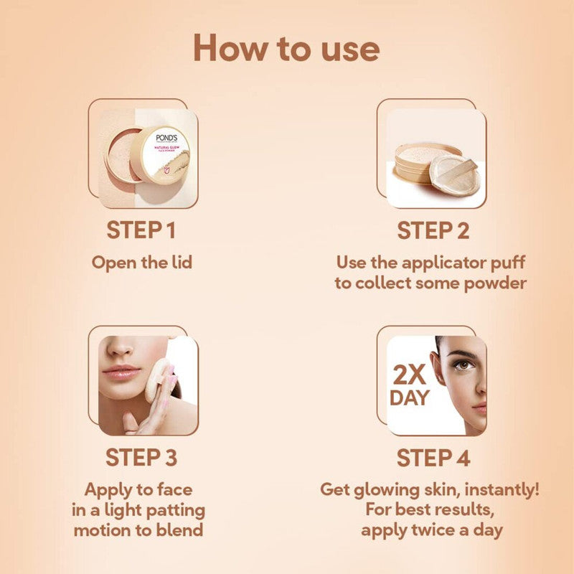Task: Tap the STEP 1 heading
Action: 141,231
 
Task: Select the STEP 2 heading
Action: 433,231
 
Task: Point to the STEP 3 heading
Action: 141,457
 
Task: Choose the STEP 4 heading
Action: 433,457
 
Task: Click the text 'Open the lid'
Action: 141,262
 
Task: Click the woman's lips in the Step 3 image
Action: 121,372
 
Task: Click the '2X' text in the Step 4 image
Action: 410,375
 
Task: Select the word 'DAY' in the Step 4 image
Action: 409,399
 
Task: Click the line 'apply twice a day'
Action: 430,531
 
